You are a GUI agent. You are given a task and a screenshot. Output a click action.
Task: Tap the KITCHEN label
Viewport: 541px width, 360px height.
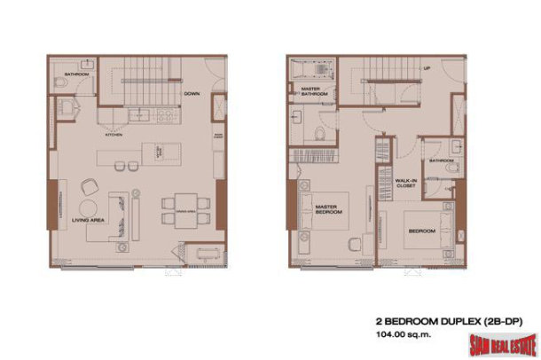tap(114, 135)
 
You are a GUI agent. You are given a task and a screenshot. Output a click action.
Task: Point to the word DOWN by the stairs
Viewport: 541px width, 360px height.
tap(191, 93)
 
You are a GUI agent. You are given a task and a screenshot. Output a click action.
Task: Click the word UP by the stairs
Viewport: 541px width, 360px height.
tap(427, 67)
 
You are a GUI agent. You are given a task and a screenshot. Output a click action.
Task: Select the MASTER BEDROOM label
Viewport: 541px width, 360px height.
tap(329, 210)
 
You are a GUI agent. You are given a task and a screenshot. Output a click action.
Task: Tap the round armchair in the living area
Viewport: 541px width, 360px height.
tap(90, 187)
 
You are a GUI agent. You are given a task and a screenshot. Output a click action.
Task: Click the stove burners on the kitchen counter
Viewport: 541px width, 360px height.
tap(165, 114)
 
